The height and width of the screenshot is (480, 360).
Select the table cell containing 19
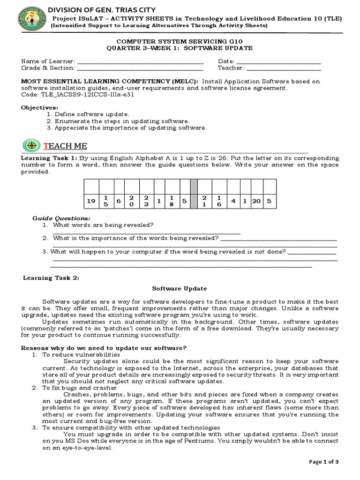(90, 201)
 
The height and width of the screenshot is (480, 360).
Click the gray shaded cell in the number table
(194, 194)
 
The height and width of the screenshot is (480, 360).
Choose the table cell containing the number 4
(233, 201)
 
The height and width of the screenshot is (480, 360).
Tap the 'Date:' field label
(226, 61)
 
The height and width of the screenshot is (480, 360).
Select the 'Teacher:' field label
(231, 68)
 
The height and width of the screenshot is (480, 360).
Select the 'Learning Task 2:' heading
(52, 277)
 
